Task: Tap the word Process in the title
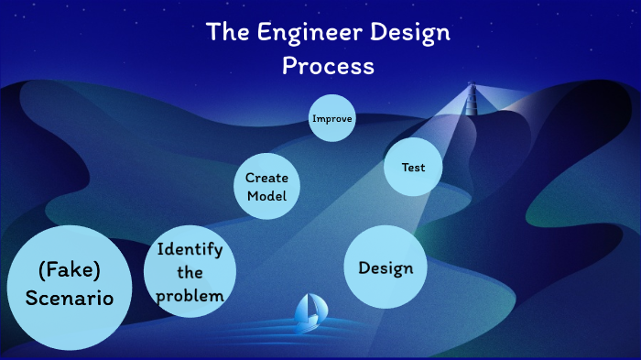(x=328, y=66)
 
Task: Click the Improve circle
(x=331, y=118)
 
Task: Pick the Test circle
(x=412, y=168)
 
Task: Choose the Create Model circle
(x=266, y=186)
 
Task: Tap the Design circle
(x=386, y=267)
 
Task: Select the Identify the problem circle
(x=190, y=272)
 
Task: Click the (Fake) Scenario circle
(x=70, y=285)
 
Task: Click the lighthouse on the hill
(x=473, y=98)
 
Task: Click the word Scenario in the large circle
(x=70, y=299)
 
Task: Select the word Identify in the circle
(x=190, y=249)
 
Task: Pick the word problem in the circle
(x=190, y=295)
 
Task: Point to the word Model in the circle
(x=266, y=196)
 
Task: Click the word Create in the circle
(x=266, y=177)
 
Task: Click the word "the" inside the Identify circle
(x=190, y=273)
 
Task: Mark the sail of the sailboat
(x=309, y=309)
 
